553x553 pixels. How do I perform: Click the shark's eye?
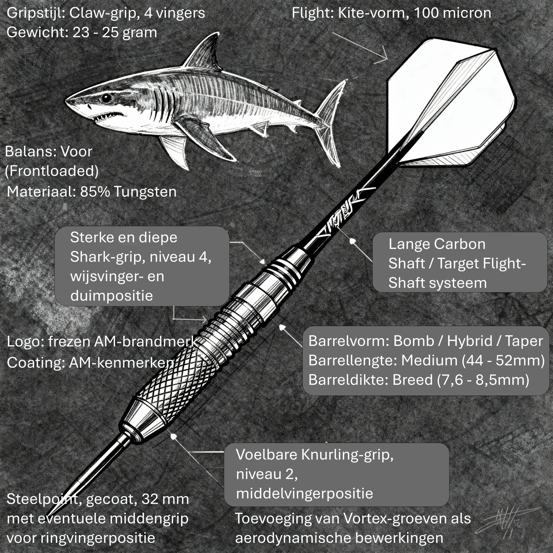(x=106, y=98)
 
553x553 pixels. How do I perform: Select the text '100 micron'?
(x=452, y=13)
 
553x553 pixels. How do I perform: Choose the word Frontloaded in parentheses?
(x=52, y=171)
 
